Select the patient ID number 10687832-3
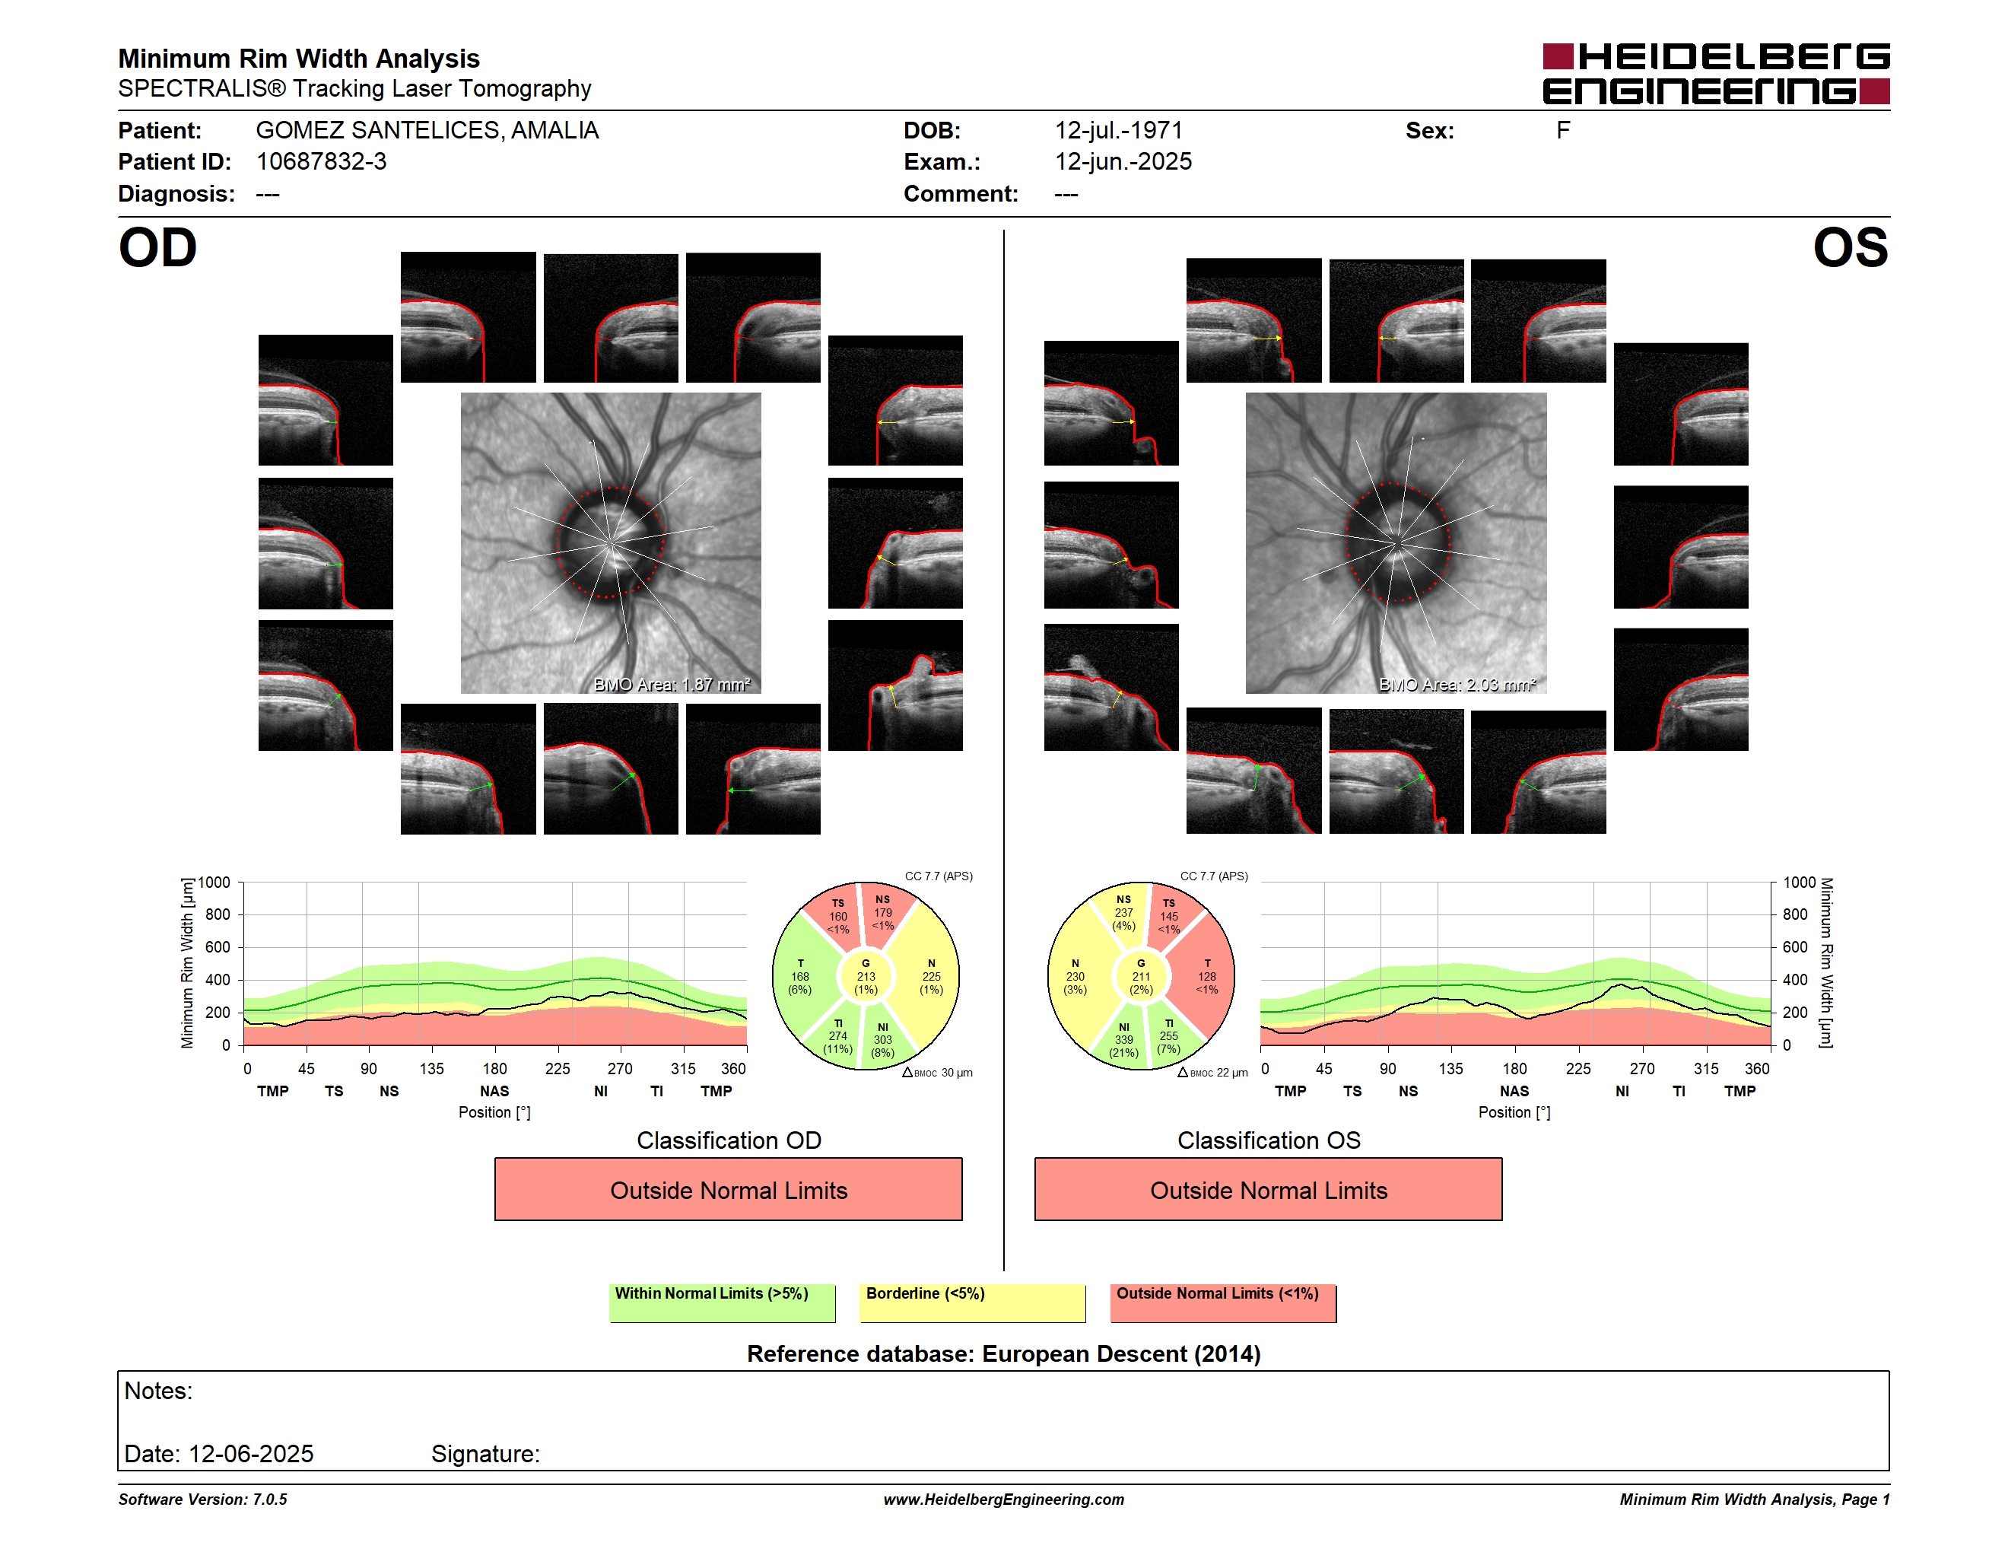(321, 162)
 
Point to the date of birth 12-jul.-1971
(1118, 131)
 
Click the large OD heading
(158, 248)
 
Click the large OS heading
(1850, 248)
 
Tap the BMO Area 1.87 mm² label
(672, 684)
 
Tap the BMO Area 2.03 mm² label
(1457, 684)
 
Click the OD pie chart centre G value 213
(865, 976)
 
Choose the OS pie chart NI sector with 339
(1123, 1039)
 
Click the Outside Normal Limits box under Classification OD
(728, 1189)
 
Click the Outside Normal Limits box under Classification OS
(1268, 1189)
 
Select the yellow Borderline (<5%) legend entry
(972, 1302)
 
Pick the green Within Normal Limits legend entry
(722, 1302)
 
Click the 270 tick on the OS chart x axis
(1641, 1068)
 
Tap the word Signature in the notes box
(485, 1454)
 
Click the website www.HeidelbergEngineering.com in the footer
(1003, 1500)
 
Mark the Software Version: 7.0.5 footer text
(202, 1500)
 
